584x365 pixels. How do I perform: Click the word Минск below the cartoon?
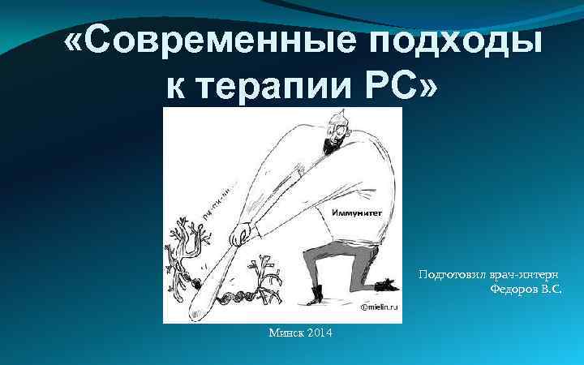[285, 334]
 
